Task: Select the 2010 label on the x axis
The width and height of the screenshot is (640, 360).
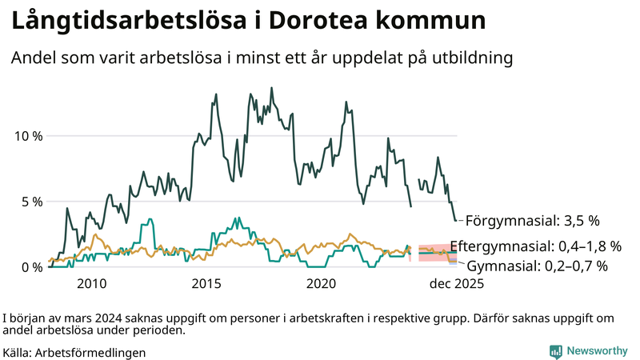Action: point(91,283)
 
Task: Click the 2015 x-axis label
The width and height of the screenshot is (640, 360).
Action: point(206,283)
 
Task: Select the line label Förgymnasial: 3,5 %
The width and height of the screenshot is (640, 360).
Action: point(532,219)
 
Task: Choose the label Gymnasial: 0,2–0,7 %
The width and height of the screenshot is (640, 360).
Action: point(537,266)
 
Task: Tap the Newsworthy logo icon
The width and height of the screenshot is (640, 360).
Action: point(555,350)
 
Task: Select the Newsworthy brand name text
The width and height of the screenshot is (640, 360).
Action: point(597,350)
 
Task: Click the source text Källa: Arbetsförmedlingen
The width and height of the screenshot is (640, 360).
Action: point(74,352)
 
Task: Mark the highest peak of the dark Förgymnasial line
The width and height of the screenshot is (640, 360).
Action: point(271,88)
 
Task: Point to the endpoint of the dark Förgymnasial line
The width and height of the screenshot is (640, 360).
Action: point(456,220)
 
